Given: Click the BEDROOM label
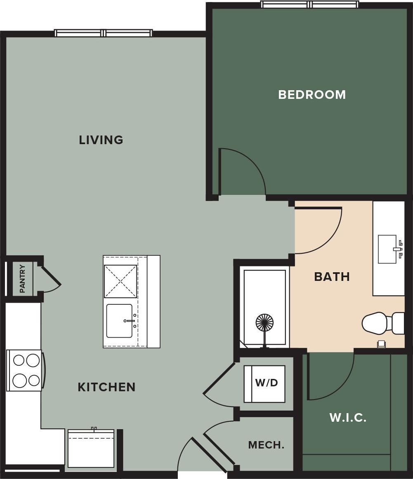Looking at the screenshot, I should [x=312, y=95].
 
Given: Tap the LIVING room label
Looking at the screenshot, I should [x=101, y=140].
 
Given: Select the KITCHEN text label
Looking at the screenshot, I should [x=106, y=387].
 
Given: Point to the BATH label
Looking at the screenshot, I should [x=332, y=276].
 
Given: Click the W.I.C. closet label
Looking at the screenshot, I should [x=348, y=418].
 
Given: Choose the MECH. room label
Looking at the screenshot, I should [x=266, y=445].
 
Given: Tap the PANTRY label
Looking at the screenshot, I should [x=22, y=279].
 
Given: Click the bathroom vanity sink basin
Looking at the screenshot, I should [x=388, y=249].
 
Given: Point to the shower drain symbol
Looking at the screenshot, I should [x=264, y=322].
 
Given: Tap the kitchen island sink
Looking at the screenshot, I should [x=120, y=321].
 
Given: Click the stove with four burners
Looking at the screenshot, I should [x=25, y=370].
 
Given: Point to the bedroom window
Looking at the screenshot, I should [x=309, y=5].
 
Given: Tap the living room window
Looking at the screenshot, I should [x=104, y=33].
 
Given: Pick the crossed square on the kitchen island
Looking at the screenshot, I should [x=120, y=281].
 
